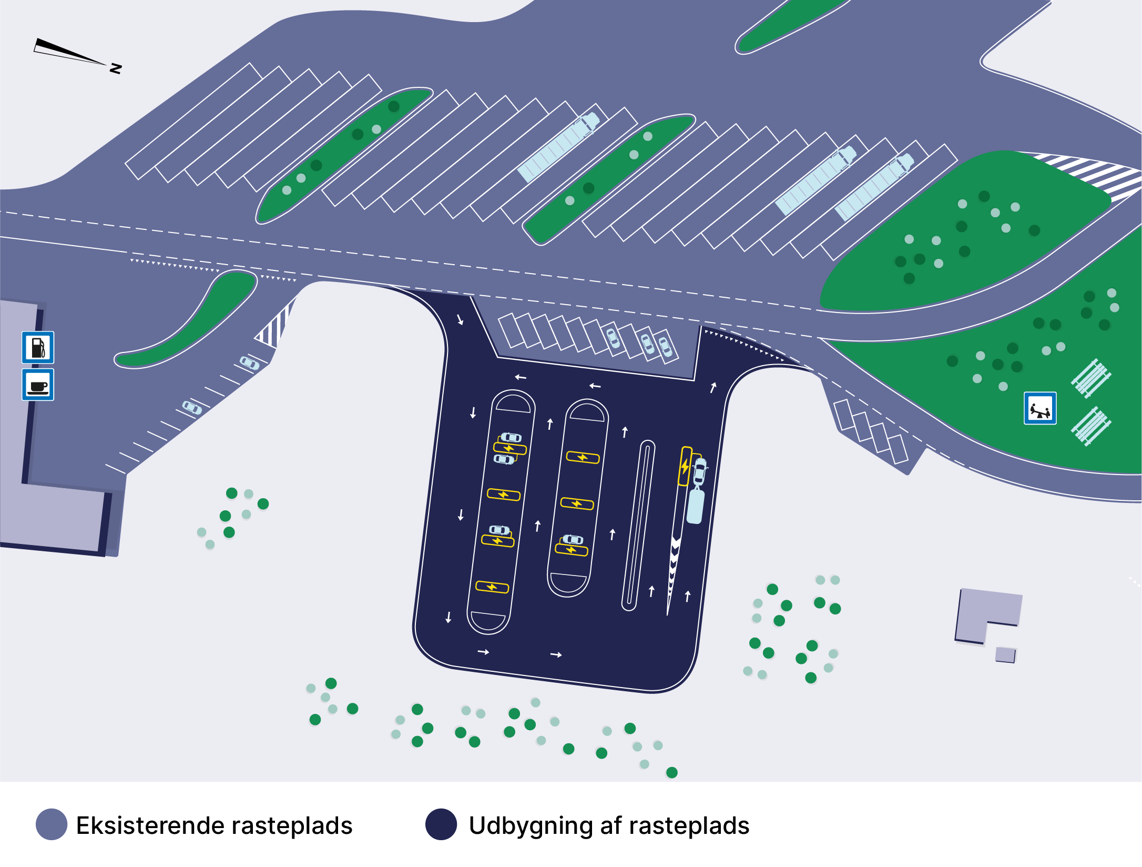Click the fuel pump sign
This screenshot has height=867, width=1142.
(x=38, y=347)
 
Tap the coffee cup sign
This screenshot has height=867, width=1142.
(x=38, y=385)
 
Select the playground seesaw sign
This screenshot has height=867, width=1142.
(x=1040, y=408)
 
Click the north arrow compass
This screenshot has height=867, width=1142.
(x=68, y=53)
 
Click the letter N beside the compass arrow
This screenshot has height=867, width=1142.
(x=116, y=68)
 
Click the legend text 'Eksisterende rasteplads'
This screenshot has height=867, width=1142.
(x=214, y=825)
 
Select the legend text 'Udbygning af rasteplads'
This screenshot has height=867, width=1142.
(x=609, y=825)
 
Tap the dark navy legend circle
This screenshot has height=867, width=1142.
(x=441, y=824)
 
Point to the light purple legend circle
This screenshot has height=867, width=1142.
(x=52, y=824)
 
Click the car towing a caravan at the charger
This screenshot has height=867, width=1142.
(x=700, y=471)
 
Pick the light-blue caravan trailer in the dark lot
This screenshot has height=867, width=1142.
(x=696, y=506)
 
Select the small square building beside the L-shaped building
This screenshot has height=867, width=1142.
(x=1005, y=655)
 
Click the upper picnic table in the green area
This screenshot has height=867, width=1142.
(x=1090, y=377)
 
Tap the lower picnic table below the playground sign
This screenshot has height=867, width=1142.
(x=1090, y=426)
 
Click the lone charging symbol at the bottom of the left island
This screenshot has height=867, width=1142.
(x=492, y=587)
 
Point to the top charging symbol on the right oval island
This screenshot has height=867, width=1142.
(x=583, y=457)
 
